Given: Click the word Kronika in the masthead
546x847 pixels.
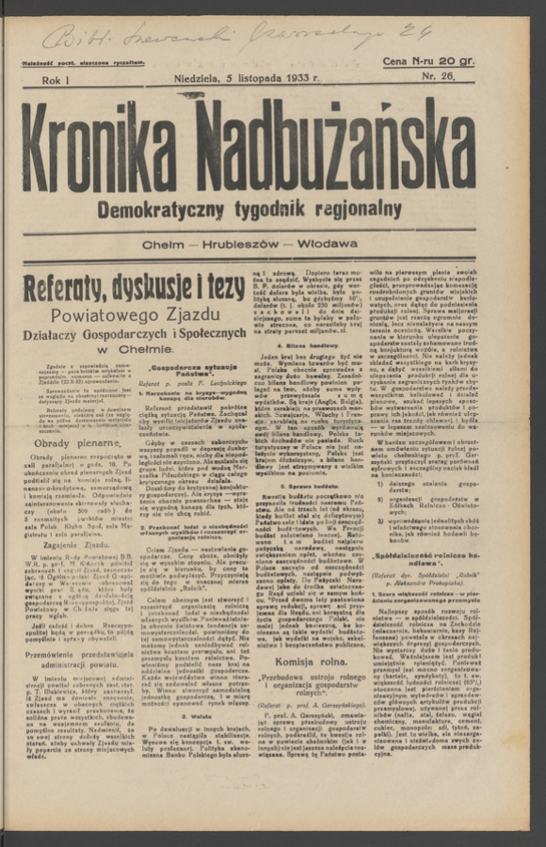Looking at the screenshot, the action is tap(119, 149).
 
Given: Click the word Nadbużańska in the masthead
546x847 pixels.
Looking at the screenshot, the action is tap(351, 149).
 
